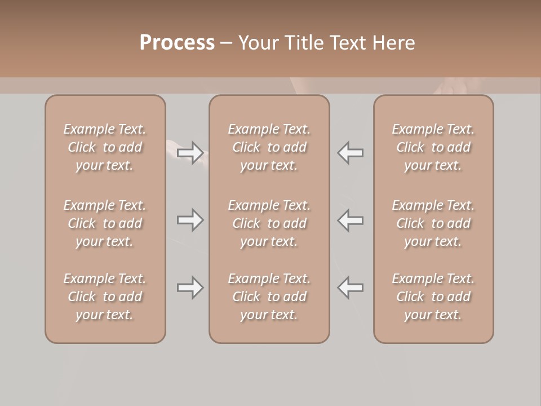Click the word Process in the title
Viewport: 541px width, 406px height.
tap(177, 43)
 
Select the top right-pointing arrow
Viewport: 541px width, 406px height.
tap(190, 153)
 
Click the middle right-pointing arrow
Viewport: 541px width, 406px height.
tap(190, 220)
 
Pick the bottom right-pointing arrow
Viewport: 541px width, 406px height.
tap(190, 288)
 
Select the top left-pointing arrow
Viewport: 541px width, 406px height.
tap(350, 153)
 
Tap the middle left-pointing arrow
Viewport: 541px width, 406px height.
tap(350, 220)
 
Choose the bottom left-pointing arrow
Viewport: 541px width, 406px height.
tap(350, 288)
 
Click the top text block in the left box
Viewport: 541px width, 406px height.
tap(105, 147)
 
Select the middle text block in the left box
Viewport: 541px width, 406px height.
tap(105, 223)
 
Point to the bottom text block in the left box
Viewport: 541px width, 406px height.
tap(105, 297)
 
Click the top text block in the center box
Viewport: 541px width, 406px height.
tap(269, 147)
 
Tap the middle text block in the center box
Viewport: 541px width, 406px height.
tap(269, 223)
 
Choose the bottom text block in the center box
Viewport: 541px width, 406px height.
tap(269, 297)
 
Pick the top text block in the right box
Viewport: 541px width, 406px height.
tap(433, 147)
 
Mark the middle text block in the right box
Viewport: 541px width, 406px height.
tap(433, 223)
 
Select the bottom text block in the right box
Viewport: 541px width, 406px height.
tap(433, 297)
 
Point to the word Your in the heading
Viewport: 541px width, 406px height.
tap(257, 43)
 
